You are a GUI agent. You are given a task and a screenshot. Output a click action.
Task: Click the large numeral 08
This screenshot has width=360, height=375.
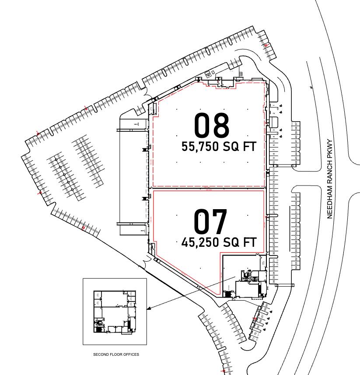tap(212, 126)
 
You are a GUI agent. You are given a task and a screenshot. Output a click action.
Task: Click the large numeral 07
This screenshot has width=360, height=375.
tap(211, 221)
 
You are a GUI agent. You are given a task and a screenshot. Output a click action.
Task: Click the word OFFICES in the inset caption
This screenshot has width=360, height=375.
tap(132, 354)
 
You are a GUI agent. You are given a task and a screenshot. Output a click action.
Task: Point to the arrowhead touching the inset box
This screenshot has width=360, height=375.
tap(148, 309)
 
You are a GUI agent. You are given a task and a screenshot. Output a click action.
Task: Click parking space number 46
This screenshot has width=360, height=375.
tap(296, 163)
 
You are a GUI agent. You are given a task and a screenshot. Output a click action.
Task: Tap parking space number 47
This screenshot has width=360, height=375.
tap(296, 195)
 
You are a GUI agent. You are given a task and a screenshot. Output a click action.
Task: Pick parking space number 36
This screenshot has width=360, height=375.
tap(274, 281)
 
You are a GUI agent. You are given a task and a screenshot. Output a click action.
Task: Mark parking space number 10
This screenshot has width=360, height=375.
tap(274, 162)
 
